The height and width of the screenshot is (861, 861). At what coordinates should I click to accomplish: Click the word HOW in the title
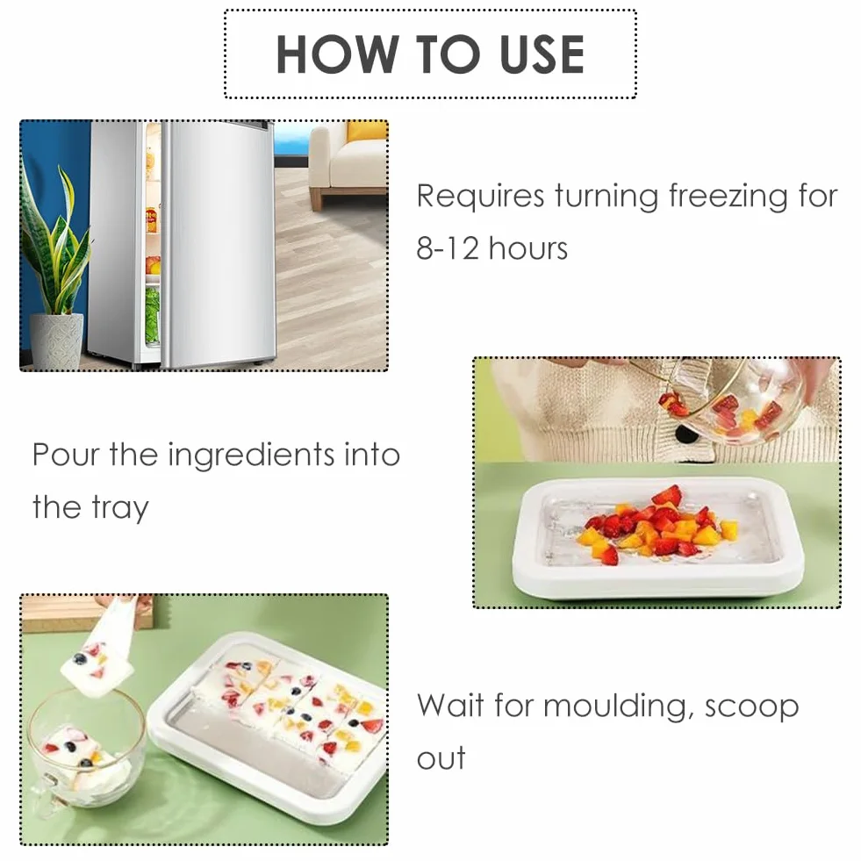(x=335, y=54)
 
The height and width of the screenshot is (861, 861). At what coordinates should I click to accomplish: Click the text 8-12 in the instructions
(x=448, y=248)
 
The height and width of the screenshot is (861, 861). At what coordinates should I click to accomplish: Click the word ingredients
(x=251, y=456)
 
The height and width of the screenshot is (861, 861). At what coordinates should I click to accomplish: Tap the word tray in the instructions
(x=120, y=508)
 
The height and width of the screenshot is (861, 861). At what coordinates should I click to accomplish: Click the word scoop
(x=751, y=707)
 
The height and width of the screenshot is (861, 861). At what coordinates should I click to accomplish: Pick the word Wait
(x=450, y=705)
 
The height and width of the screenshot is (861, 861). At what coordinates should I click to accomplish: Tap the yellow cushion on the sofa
(x=366, y=132)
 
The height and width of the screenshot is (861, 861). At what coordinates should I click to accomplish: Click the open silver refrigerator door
(x=219, y=244)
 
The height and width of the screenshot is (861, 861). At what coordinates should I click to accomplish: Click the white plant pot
(x=56, y=341)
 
